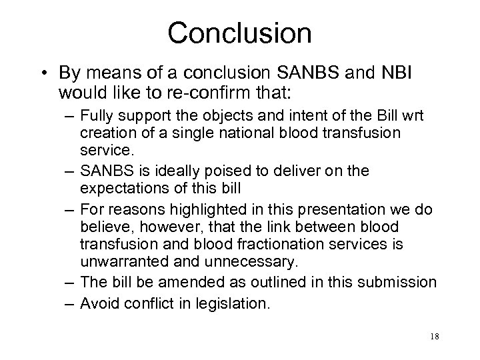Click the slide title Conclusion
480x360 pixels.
pos(240,32)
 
